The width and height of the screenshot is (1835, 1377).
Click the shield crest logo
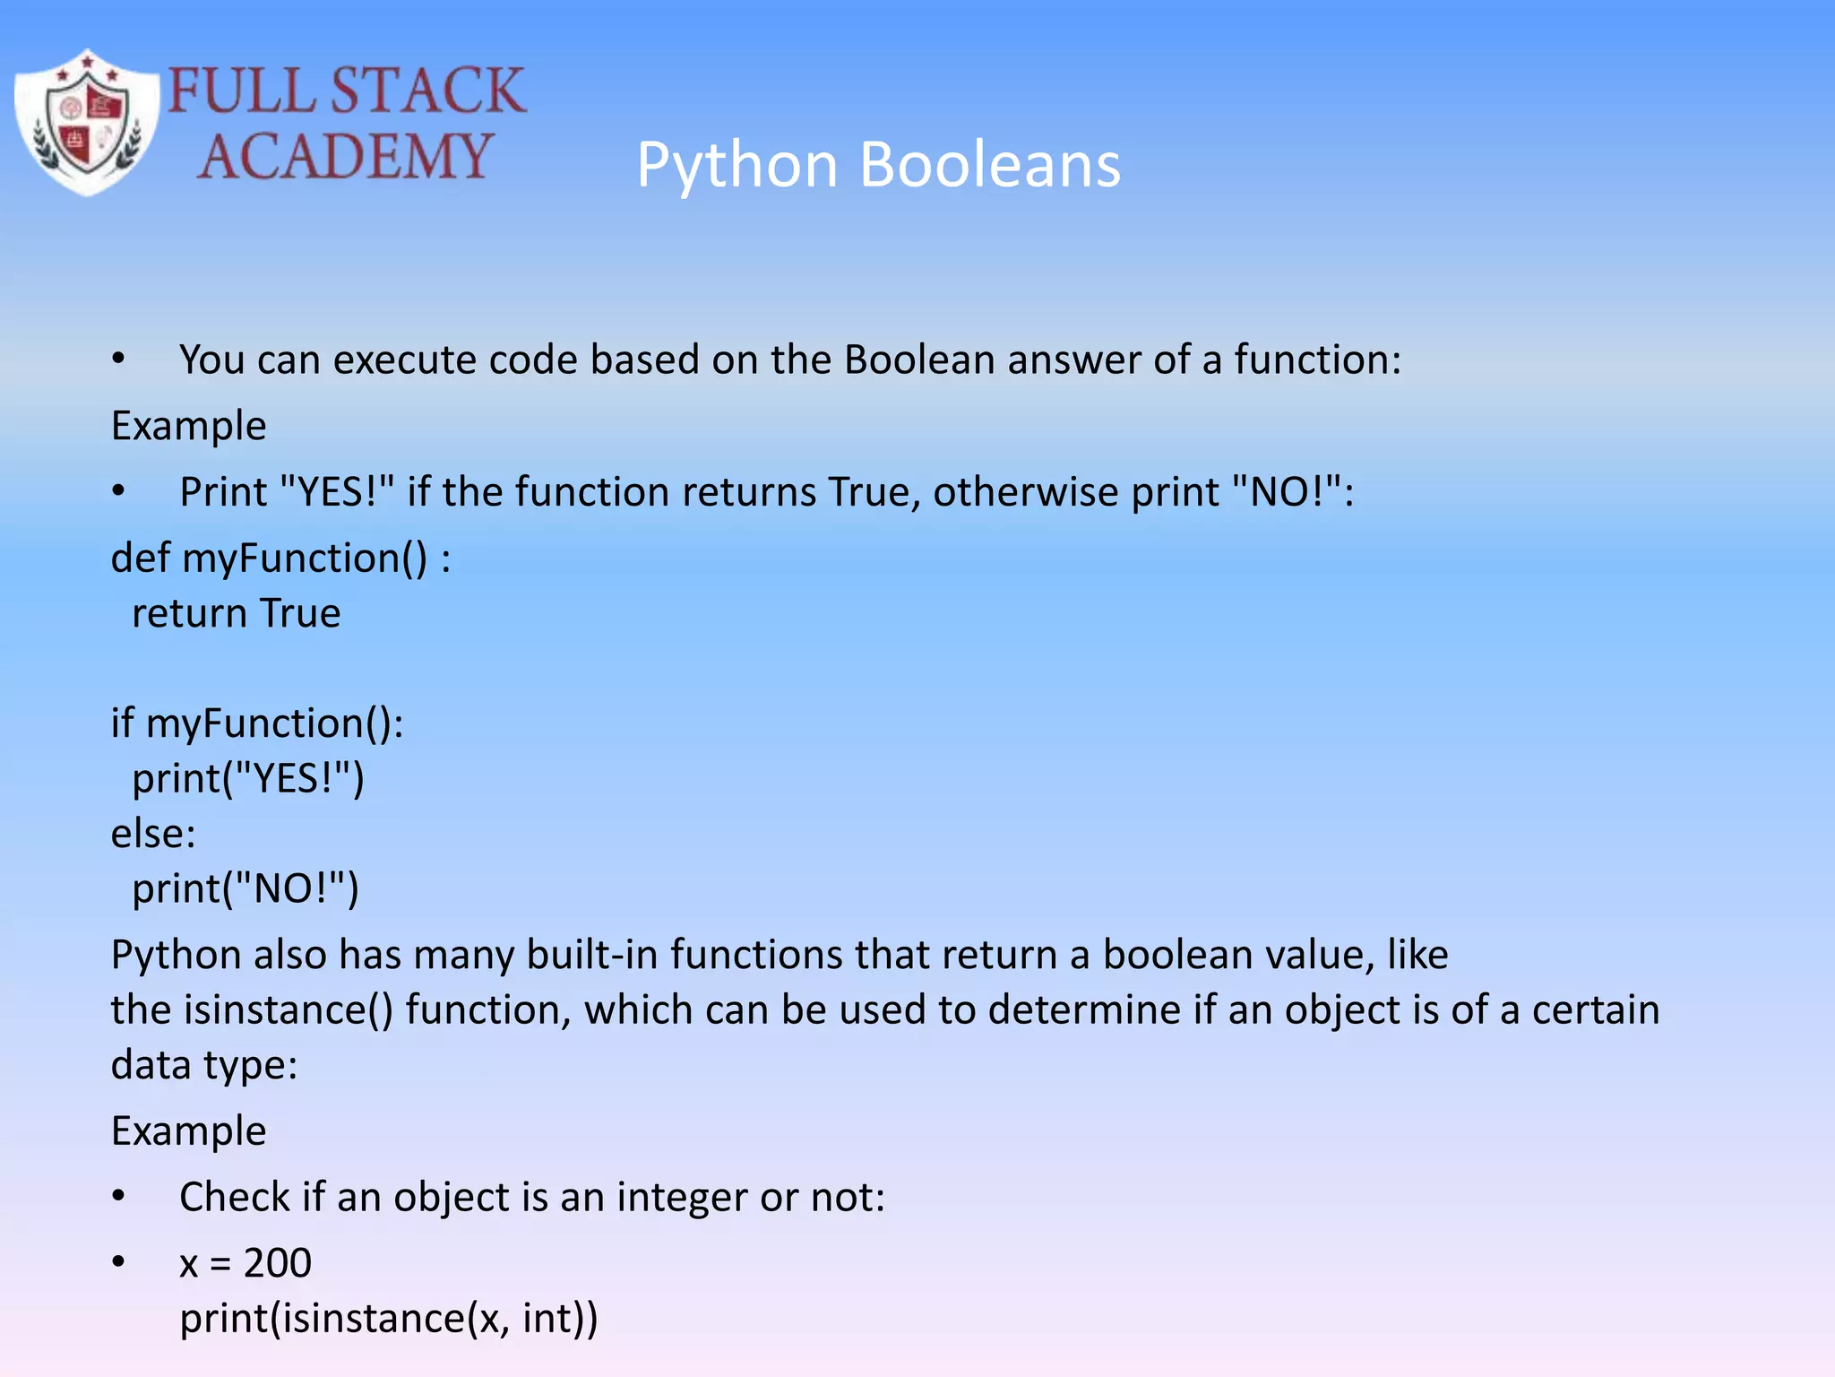coord(87,123)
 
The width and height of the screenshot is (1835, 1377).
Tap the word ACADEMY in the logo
coord(345,157)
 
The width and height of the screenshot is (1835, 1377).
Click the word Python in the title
coord(737,165)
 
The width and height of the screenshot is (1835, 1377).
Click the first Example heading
coord(188,426)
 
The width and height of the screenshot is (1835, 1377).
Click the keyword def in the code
coord(140,558)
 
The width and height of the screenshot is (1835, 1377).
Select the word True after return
coord(299,614)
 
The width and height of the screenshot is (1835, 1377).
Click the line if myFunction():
coord(257,723)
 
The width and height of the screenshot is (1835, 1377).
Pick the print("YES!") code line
coord(248,779)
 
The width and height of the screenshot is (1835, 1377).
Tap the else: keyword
coord(152,834)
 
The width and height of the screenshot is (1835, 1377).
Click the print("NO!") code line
coord(246,889)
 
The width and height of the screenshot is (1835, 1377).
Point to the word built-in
coord(591,955)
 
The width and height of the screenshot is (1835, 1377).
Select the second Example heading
coord(188,1131)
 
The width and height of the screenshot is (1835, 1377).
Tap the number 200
coord(278,1263)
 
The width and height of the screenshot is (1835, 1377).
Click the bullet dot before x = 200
coord(118,1262)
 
